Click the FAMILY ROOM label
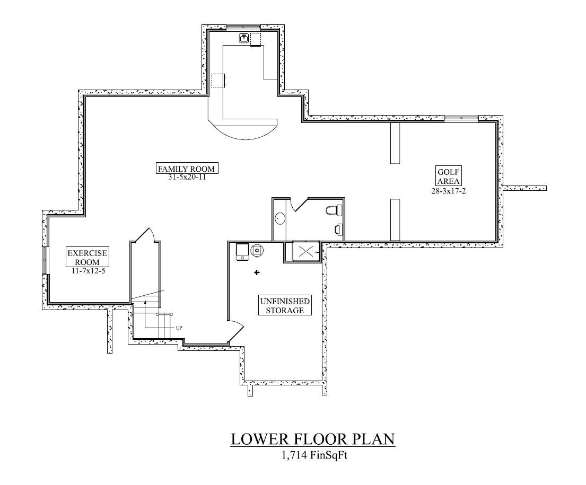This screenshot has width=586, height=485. (x=187, y=169)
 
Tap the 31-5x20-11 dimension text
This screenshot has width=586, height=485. (x=187, y=178)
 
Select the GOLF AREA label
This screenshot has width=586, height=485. (x=449, y=177)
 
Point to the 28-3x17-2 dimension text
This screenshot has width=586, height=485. (x=449, y=191)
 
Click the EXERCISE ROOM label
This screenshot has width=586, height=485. (x=87, y=258)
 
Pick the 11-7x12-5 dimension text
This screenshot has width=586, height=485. (x=88, y=271)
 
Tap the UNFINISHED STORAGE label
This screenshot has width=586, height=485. (x=285, y=306)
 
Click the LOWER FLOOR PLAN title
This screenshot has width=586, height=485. (x=312, y=439)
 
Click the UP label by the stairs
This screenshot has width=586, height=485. (x=179, y=328)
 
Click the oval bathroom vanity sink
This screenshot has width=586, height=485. (x=280, y=218)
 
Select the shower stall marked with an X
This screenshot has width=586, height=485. (x=306, y=251)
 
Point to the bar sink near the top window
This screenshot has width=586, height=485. (x=244, y=38)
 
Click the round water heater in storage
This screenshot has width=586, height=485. (x=257, y=250)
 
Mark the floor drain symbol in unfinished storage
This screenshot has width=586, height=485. (x=257, y=273)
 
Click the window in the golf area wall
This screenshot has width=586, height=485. (x=461, y=118)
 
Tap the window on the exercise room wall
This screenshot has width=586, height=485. (x=45, y=260)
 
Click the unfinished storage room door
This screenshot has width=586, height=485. (x=236, y=331)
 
